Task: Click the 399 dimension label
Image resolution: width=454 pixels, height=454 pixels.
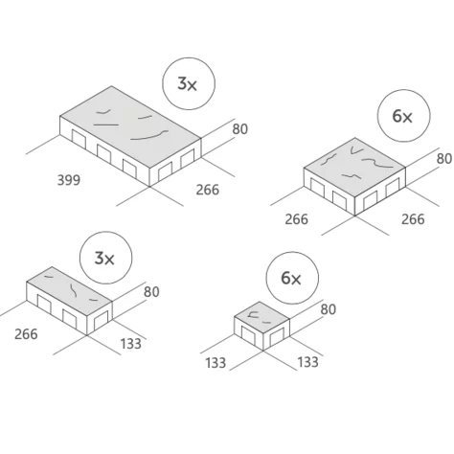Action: [x=69, y=180]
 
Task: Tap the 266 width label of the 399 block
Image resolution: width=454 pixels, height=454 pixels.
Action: [x=208, y=190]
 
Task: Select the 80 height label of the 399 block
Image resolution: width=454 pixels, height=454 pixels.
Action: [x=240, y=129]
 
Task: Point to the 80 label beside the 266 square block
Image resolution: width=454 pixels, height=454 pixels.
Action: [x=444, y=159]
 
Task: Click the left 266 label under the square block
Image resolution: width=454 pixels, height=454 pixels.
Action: [x=297, y=219]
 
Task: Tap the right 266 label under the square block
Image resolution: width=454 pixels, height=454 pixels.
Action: [x=413, y=219]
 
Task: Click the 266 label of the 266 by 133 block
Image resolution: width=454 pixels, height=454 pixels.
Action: [x=26, y=334]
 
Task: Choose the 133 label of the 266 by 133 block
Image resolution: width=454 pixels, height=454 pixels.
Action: [x=131, y=344]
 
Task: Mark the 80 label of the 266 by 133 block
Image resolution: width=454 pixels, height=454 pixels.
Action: [x=151, y=292]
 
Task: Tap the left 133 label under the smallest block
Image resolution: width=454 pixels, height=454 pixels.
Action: [x=216, y=363]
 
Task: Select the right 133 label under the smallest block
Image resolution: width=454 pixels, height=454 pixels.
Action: [x=308, y=362]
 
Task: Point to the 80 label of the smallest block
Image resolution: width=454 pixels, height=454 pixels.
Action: [x=329, y=309]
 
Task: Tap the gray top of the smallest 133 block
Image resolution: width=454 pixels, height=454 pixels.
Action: [x=261, y=318]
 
